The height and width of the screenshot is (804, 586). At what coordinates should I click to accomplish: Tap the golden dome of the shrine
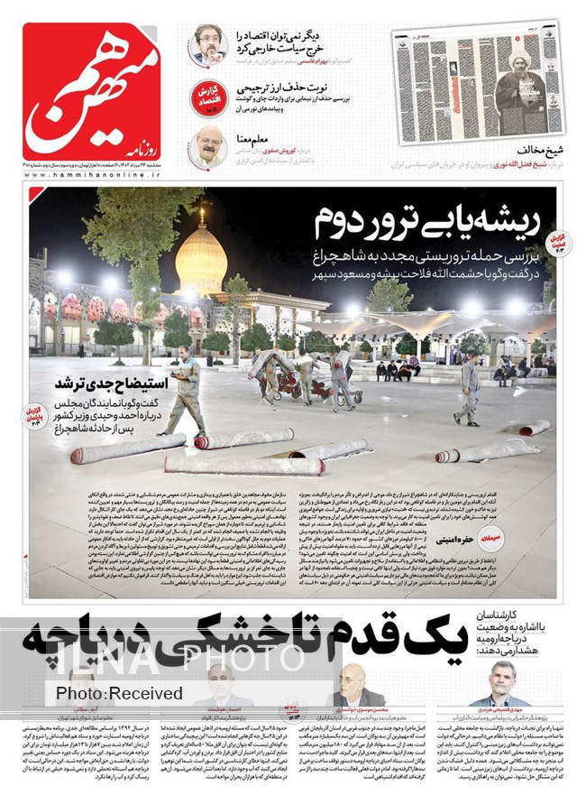click(x=201, y=262)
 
